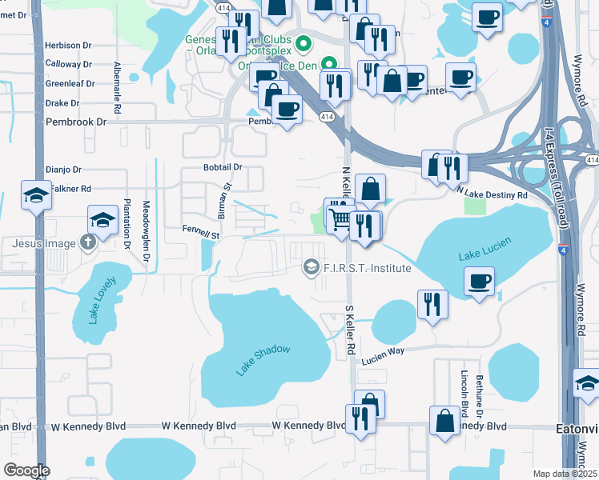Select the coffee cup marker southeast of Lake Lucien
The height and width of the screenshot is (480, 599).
point(479,282)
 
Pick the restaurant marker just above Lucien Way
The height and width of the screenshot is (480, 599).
point(429,303)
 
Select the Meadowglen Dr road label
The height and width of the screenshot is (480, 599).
point(146,231)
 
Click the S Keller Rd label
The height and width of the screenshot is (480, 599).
point(349,330)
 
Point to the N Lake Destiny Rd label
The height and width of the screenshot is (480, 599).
point(492,194)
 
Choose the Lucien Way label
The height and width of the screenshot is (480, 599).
point(383,362)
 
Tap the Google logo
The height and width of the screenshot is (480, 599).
point(26,470)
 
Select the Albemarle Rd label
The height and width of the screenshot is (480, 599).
point(117,87)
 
